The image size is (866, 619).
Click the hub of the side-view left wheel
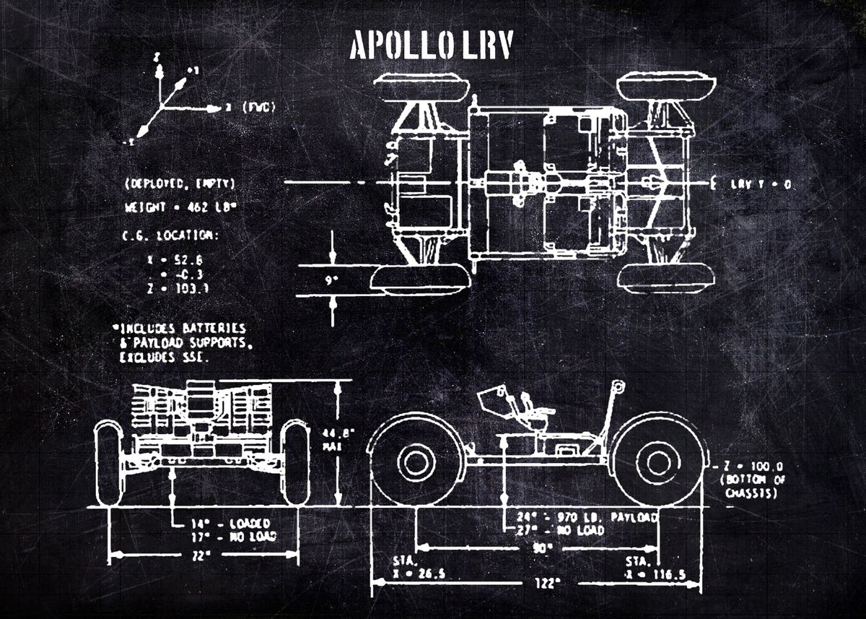click(416, 462)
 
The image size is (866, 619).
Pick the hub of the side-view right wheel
click(658, 462)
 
